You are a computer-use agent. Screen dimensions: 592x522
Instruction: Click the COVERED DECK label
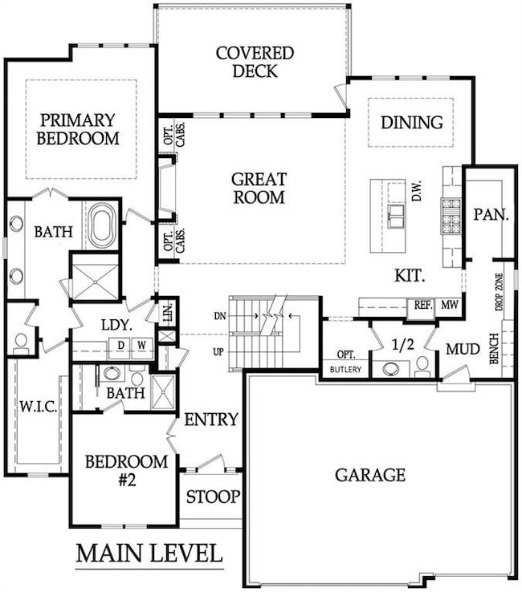[255, 63]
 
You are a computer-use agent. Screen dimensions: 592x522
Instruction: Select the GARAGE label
[370, 475]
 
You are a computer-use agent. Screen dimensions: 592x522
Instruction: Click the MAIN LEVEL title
[149, 553]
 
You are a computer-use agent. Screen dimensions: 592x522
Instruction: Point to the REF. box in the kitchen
[422, 305]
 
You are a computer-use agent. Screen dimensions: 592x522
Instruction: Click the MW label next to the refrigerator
[450, 305]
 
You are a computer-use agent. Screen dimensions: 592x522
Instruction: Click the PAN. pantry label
[488, 215]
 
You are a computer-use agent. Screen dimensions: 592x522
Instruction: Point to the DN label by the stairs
[218, 317]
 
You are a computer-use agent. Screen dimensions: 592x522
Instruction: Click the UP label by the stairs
[218, 351]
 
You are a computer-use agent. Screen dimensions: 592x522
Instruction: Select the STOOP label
[212, 497]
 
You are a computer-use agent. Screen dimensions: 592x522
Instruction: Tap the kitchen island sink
[395, 215]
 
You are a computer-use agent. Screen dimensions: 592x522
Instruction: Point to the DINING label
[411, 123]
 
